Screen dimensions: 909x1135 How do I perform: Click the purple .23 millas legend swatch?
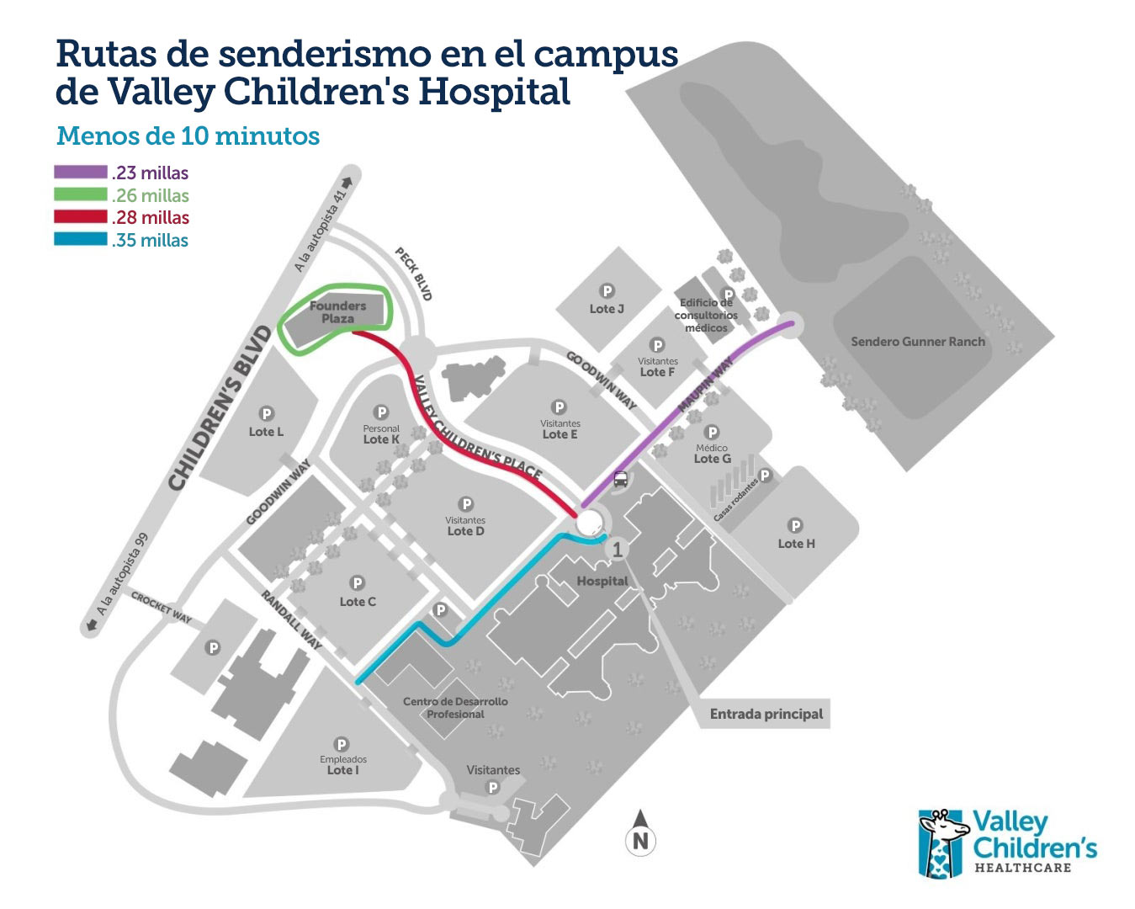(x=81, y=173)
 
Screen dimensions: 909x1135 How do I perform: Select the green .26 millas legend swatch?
(x=81, y=195)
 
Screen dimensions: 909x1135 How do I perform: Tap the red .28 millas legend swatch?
(x=81, y=217)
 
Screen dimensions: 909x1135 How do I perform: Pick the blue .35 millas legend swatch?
(x=81, y=240)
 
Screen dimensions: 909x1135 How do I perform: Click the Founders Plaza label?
(x=337, y=312)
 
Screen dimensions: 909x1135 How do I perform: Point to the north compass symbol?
(x=640, y=833)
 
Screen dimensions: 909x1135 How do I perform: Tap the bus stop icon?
(x=620, y=480)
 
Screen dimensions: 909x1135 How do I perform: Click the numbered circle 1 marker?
(x=618, y=550)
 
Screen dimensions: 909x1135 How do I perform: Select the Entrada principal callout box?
(x=766, y=714)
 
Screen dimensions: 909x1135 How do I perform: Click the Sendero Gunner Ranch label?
(x=917, y=342)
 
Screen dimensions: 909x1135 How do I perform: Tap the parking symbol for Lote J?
(x=607, y=292)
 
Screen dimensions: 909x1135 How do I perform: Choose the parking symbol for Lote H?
(x=795, y=526)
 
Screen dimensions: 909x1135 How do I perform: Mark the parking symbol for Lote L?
(x=267, y=414)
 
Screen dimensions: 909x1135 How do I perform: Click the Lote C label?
(x=358, y=602)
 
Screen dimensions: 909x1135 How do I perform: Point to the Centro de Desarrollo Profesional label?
(x=455, y=708)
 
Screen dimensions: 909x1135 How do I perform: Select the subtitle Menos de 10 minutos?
(x=188, y=136)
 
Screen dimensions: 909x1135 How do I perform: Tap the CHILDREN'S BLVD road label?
(x=220, y=408)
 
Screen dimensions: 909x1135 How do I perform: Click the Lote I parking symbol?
(x=342, y=744)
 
